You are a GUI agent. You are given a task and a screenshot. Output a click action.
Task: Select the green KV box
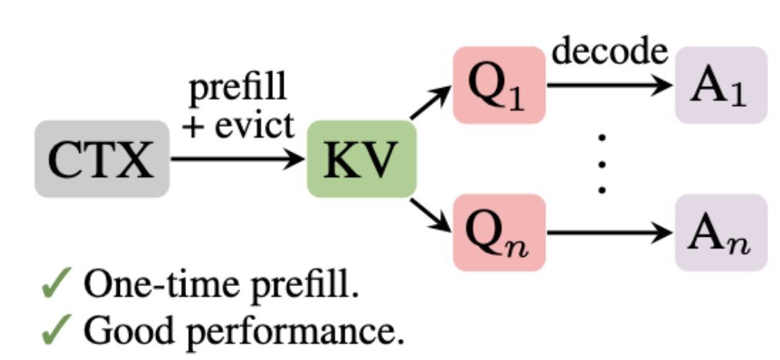tap(361, 159)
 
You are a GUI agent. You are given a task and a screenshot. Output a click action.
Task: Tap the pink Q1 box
tap(499, 85)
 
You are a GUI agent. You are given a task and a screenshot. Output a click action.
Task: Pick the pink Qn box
tap(499, 233)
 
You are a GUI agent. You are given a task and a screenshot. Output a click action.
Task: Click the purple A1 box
tap(721, 85)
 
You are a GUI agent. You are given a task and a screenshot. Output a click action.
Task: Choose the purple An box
tap(721, 233)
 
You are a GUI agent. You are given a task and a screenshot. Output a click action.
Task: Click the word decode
tap(608, 50)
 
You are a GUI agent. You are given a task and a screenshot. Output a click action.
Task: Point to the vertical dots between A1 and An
tap(602, 162)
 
